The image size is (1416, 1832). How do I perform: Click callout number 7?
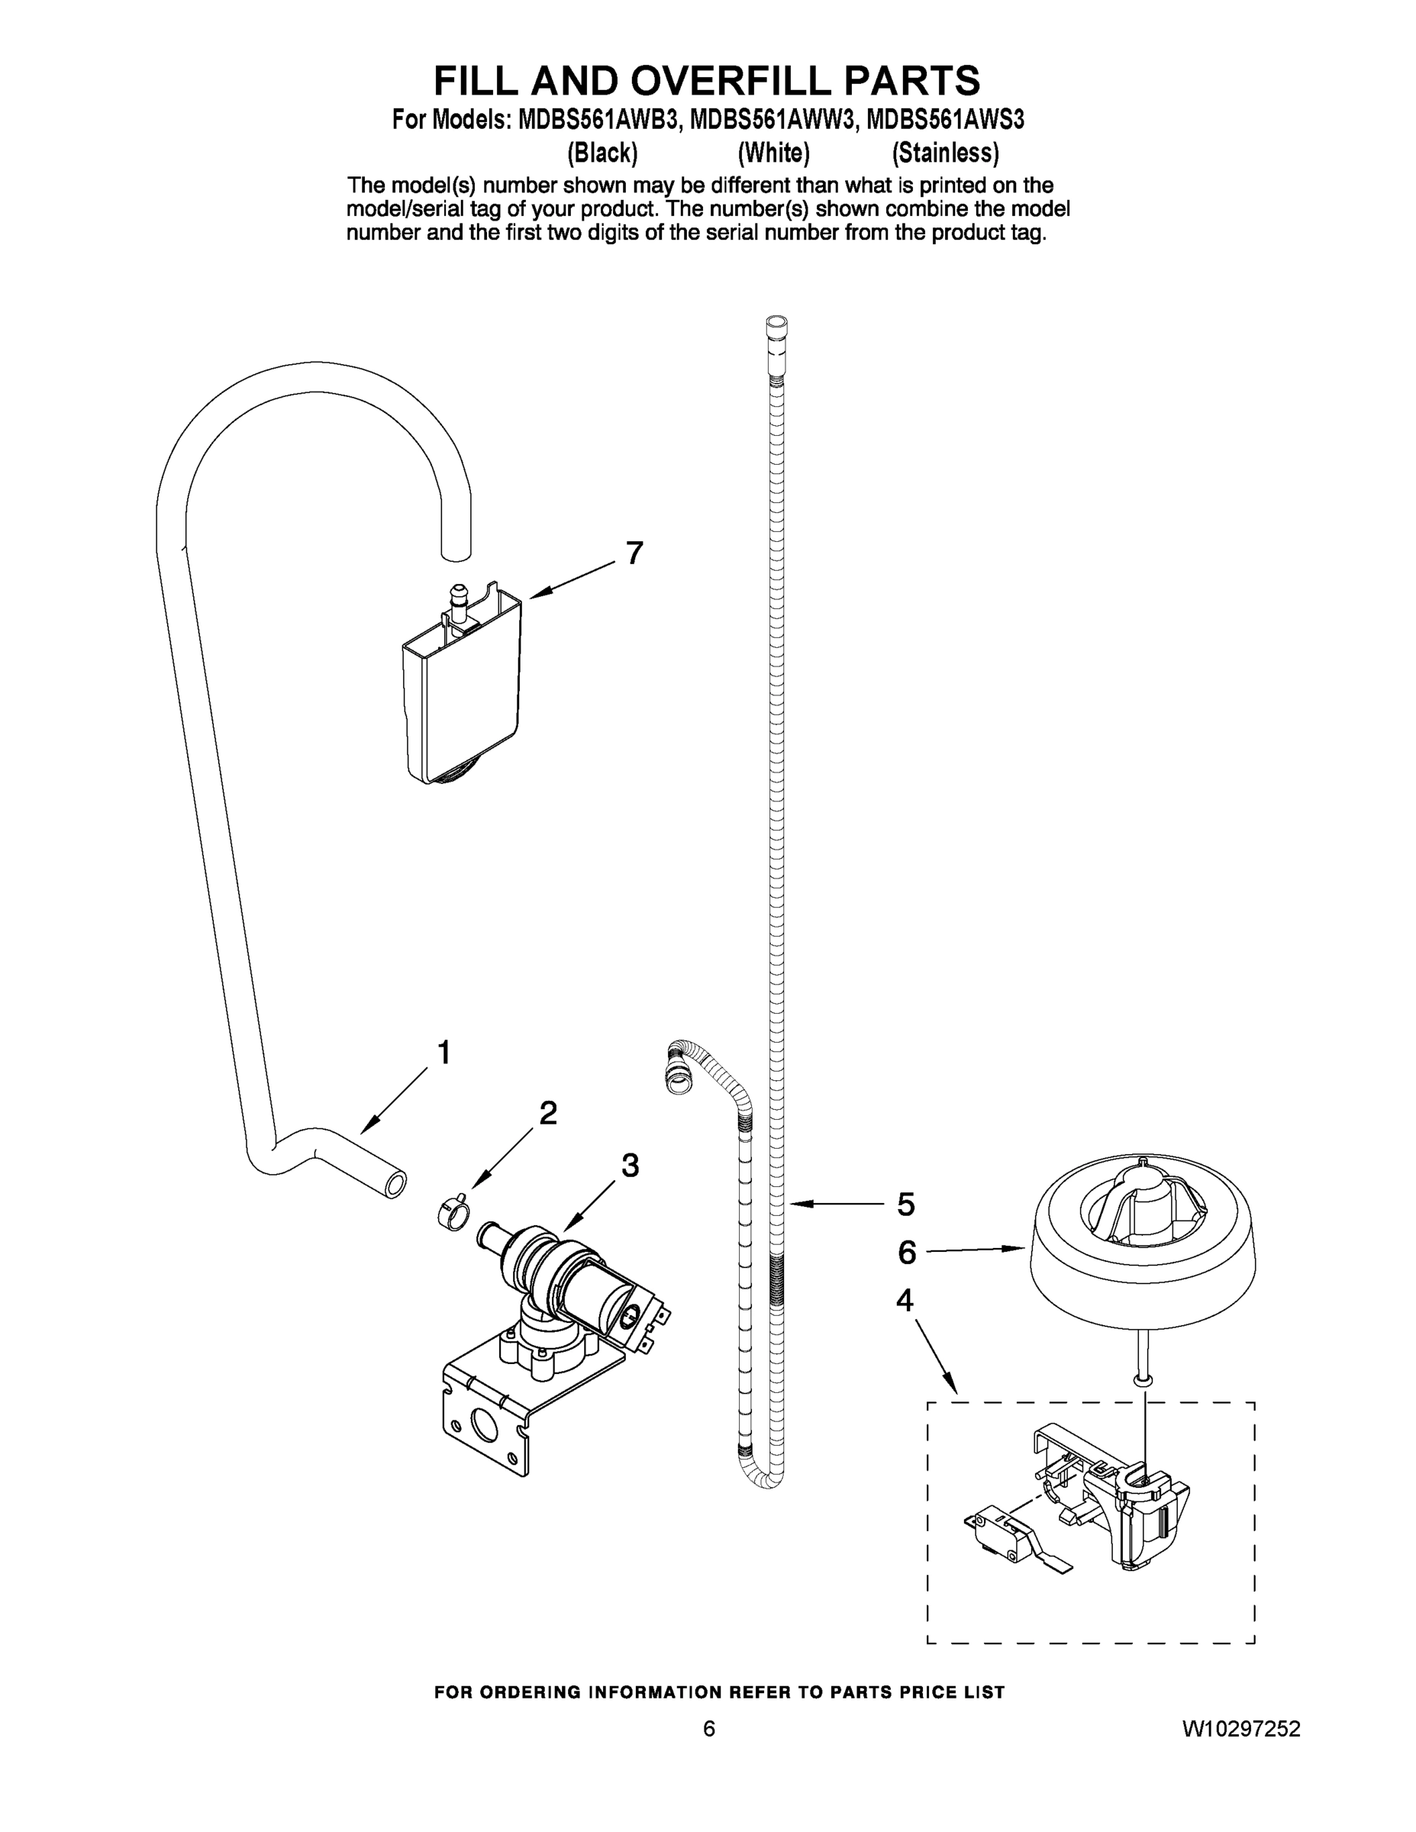(x=634, y=553)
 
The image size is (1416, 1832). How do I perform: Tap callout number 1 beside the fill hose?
(x=444, y=1052)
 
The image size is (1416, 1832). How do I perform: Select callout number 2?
(x=547, y=1113)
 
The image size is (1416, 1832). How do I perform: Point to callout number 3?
(x=629, y=1165)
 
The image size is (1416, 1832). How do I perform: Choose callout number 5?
(x=905, y=1205)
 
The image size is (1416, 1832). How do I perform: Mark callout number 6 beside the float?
(x=907, y=1253)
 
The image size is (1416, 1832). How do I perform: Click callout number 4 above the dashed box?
(x=905, y=1301)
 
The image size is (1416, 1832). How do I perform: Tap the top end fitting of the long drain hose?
(x=777, y=327)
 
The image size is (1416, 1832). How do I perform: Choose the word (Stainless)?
(x=945, y=153)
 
